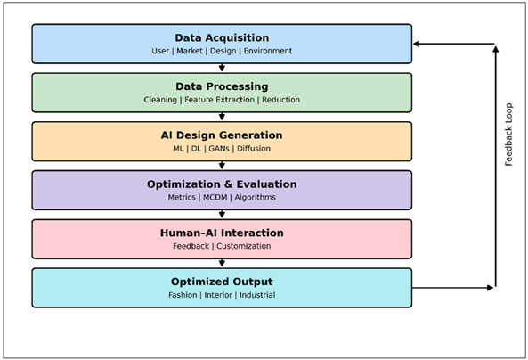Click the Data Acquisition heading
tap(222, 37)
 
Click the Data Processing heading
tap(222, 86)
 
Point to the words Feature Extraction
tap(219, 100)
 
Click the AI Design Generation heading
tap(222, 135)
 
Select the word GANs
tap(219, 149)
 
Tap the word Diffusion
tap(253, 149)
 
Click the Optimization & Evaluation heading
tap(222, 184)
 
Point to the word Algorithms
tap(255, 198)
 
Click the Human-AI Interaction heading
tap(222, 233)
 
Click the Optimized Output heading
tap(222, 282)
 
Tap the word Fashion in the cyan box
tap(183, 295)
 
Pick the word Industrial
tap(256, 295)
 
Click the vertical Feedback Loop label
tap(509, 135)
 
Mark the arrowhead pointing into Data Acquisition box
tap(417, 44)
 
